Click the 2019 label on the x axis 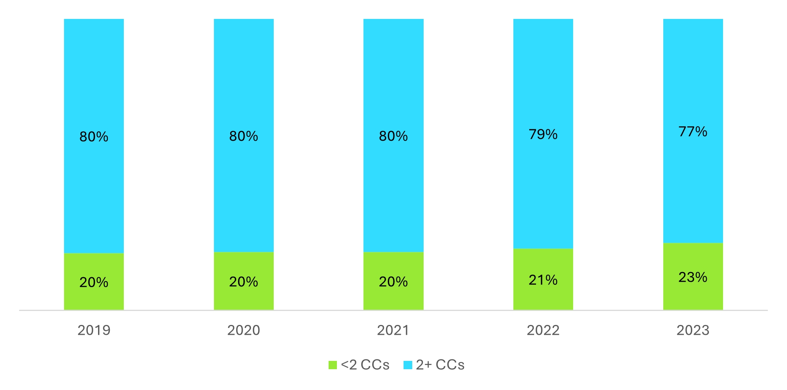tap(94, 330)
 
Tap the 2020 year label tap(243, 330)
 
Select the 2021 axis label tap(393, 330)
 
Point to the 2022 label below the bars tap(543, 330)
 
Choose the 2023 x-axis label tap(693, 330)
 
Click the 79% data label tap(543, 134)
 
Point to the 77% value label tap(693, 132)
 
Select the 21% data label tap(543, 280)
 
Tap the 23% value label tap(693, 277)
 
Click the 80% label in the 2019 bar tap(94, 137)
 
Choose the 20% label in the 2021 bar tap(393, 282)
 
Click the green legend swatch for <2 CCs tap(332, 365)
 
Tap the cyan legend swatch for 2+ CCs tap(408, 365)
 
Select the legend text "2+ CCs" tap(440, 365)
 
